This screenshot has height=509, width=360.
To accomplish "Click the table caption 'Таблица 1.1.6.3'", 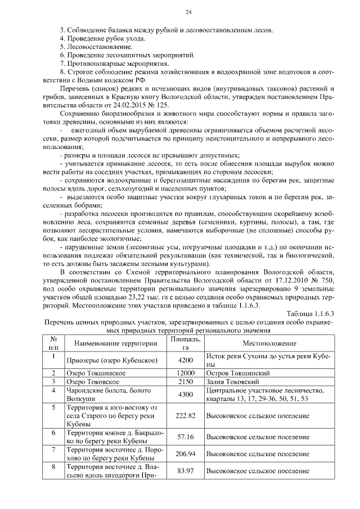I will coord(310,313).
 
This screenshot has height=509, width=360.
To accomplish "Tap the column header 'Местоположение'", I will coord(269,343).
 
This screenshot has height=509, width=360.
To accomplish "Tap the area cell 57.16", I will coord(185,436).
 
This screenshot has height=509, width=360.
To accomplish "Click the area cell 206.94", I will coord(185,453).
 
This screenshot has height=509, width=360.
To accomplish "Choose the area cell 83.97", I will coord(185,470).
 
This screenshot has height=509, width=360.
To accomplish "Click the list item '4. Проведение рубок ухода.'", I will coord(102,38).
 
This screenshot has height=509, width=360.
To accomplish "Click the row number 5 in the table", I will coord(53,407).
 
